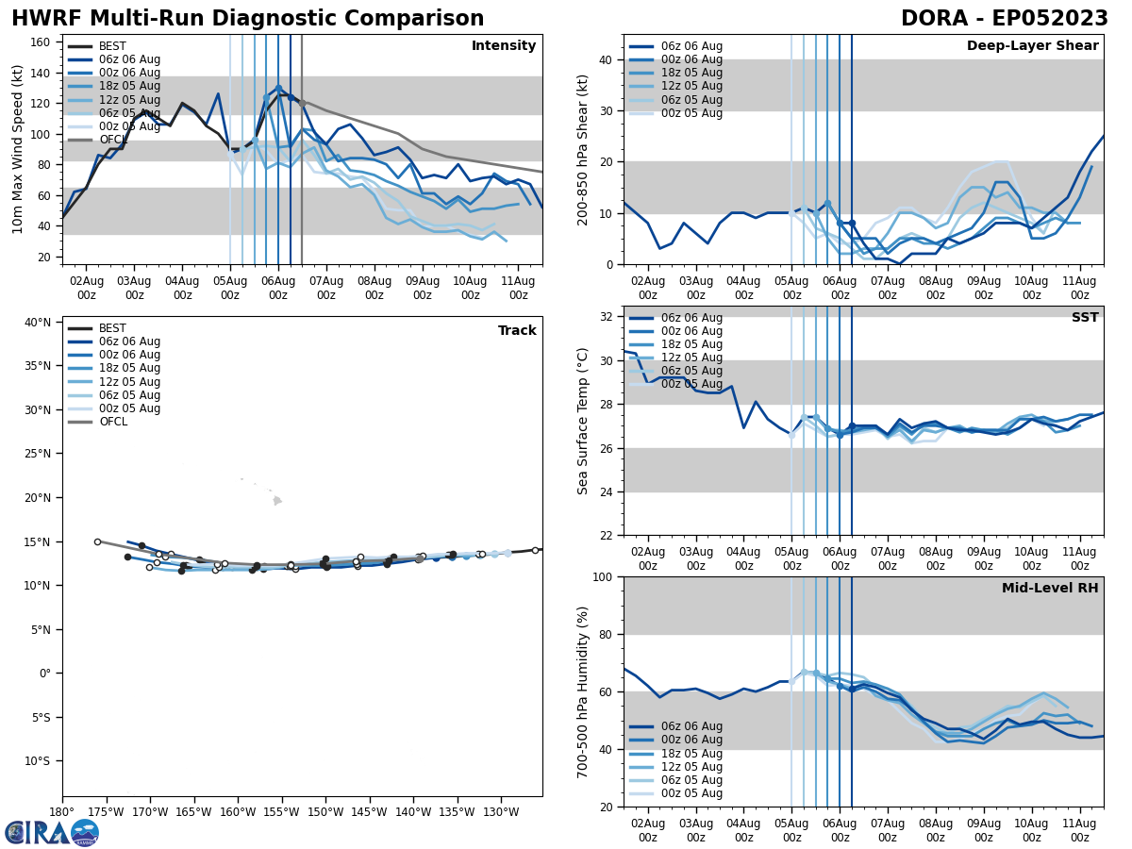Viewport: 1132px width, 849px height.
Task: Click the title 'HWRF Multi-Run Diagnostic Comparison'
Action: [x=247, y=19]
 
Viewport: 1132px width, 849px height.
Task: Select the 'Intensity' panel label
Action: [x=504, y=46]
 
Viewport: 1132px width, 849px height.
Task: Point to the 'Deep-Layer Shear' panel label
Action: [x=1032, y=46]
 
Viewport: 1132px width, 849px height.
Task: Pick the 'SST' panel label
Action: [x=1084, y=318]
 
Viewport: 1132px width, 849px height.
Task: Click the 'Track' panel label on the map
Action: [x=517, y=331]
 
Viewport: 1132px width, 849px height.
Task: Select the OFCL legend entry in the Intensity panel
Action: [x=113, y=140]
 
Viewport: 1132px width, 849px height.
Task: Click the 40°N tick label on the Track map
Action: [x=37, y=323]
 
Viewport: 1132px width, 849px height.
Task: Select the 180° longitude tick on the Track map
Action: [x=62, y=810]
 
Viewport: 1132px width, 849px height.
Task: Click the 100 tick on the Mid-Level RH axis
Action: [x=603, y=576]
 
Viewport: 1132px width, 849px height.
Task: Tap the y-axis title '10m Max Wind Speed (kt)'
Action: [x=18, y=149]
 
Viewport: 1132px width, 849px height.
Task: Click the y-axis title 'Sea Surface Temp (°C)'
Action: [x=583, y=421]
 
